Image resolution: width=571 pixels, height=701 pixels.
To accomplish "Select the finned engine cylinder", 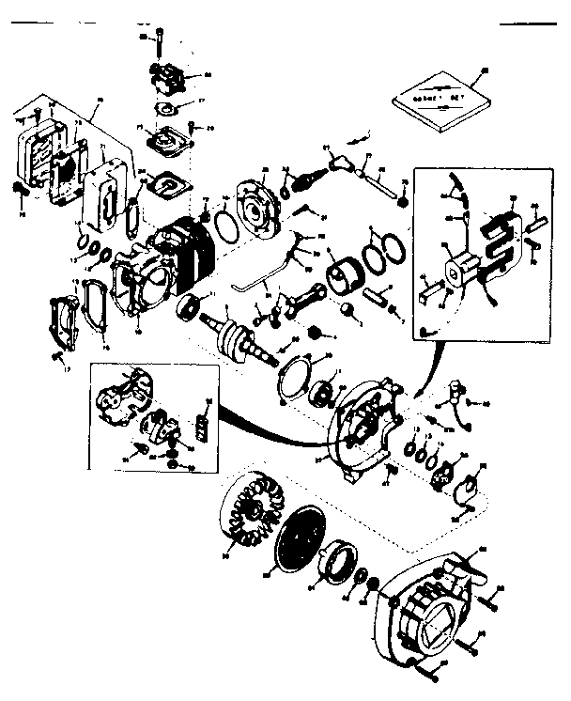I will coord(183,248).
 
